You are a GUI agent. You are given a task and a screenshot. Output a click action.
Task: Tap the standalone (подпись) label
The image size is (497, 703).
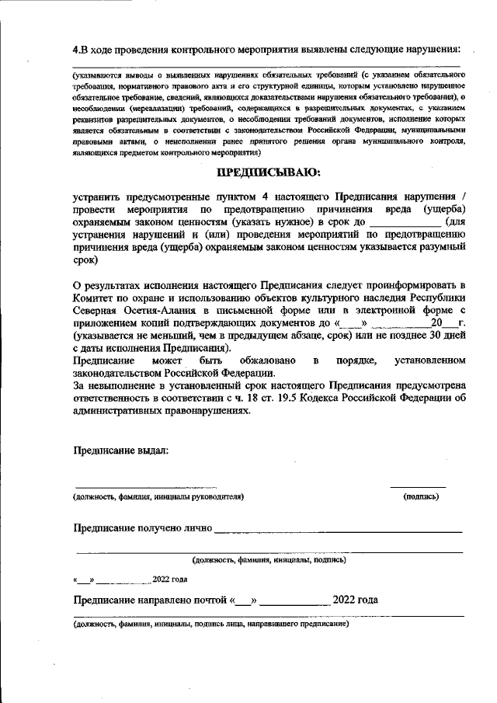pyautogui.click(x=421, y=496)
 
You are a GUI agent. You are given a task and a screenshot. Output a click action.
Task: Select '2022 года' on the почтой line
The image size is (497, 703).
pyautogui.click(x=355, y=600)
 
